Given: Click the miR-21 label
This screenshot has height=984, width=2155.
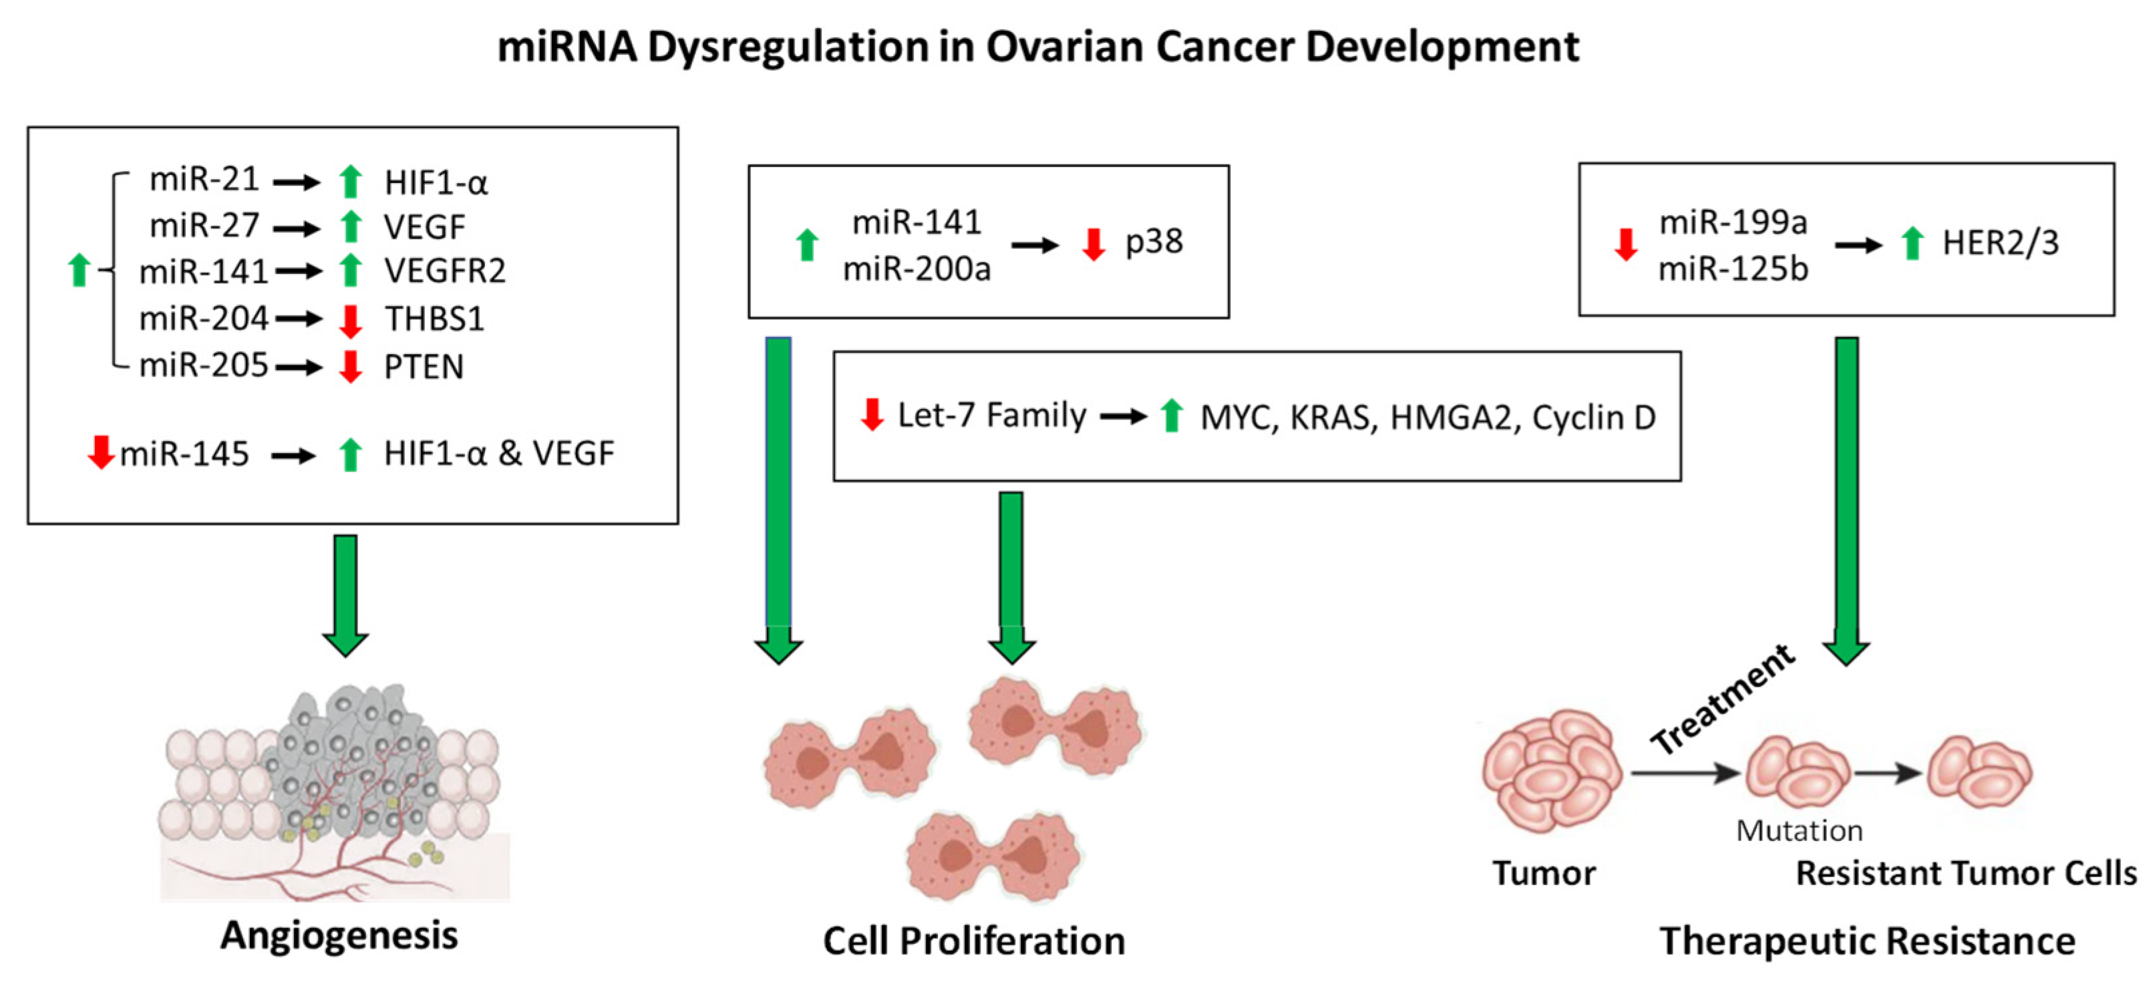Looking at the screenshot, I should [x=204, y=180].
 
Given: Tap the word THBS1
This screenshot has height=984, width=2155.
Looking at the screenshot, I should [x=434, y=319].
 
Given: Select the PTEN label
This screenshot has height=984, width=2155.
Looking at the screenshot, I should [x=424, y=367].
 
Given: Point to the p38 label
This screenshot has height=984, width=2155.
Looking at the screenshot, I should [x=1154, y=242].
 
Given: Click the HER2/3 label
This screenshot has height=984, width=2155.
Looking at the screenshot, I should [x=2000, y=242].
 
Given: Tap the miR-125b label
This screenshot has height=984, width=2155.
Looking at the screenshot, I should [x=1733, y=269].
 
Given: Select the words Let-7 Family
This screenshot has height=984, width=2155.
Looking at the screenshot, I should [x=991, y=415].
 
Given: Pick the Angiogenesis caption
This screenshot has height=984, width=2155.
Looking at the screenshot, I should [x=339, y=935].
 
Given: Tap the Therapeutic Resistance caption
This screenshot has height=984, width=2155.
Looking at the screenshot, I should [x=1867, y=941].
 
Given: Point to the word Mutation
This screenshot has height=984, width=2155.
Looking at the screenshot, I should [x=1800, y=831].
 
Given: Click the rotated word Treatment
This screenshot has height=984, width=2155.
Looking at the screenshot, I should [x=1723, y=699].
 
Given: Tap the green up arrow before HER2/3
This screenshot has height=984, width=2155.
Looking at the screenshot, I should [x=1912, y=242].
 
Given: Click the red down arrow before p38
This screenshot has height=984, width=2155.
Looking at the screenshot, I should [x=1094, y=243].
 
